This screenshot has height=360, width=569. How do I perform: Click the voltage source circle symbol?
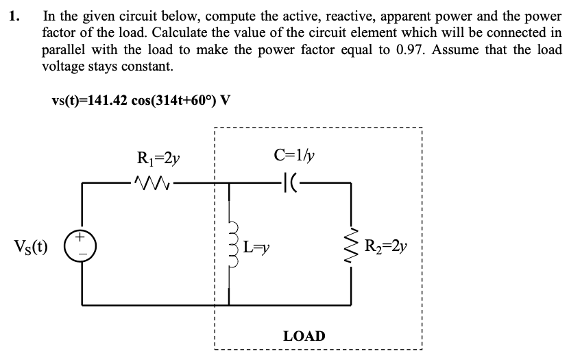click(84, 245)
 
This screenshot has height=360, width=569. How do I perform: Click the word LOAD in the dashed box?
click(304, 336)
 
